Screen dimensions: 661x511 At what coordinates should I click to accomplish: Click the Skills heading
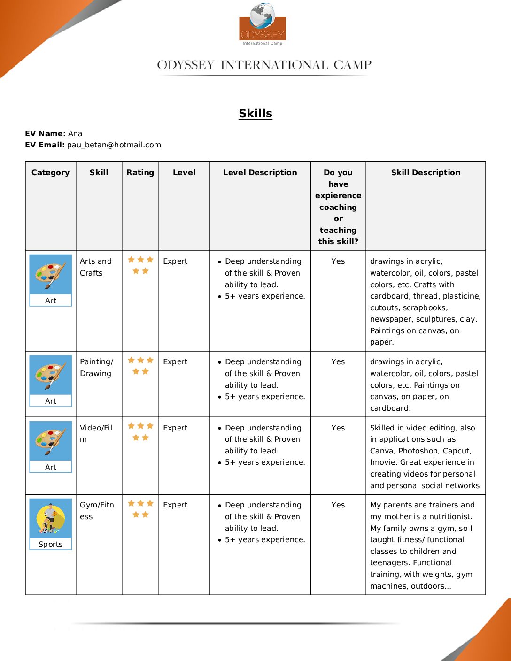coord(255,113)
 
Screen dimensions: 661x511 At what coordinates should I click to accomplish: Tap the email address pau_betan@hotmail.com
coord(114,145)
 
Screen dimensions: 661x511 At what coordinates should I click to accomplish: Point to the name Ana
coord(75,133)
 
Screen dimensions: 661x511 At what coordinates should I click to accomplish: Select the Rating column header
coord(140,172)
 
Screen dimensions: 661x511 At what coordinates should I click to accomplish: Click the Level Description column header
coord(260,172)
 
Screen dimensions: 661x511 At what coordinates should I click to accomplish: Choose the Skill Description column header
coord(426,172)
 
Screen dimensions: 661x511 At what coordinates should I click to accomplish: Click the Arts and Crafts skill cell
coord(96,267)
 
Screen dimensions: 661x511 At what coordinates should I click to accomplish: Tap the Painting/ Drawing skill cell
coord(96,367)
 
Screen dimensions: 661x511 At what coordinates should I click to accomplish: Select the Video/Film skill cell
coord(96,433)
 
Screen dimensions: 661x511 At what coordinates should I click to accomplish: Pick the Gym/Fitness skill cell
coord(97,510)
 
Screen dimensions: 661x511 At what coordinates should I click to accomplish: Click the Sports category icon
coord(50,518)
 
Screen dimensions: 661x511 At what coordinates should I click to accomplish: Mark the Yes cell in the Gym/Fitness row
coord(338,505)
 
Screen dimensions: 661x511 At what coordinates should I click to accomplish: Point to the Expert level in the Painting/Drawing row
coord(175,361)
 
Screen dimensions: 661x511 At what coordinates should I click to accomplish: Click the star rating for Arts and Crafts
coord(140,265)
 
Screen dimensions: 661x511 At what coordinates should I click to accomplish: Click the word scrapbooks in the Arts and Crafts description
coord(425,307)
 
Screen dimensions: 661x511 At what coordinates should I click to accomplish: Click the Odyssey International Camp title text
coord(264,65)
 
